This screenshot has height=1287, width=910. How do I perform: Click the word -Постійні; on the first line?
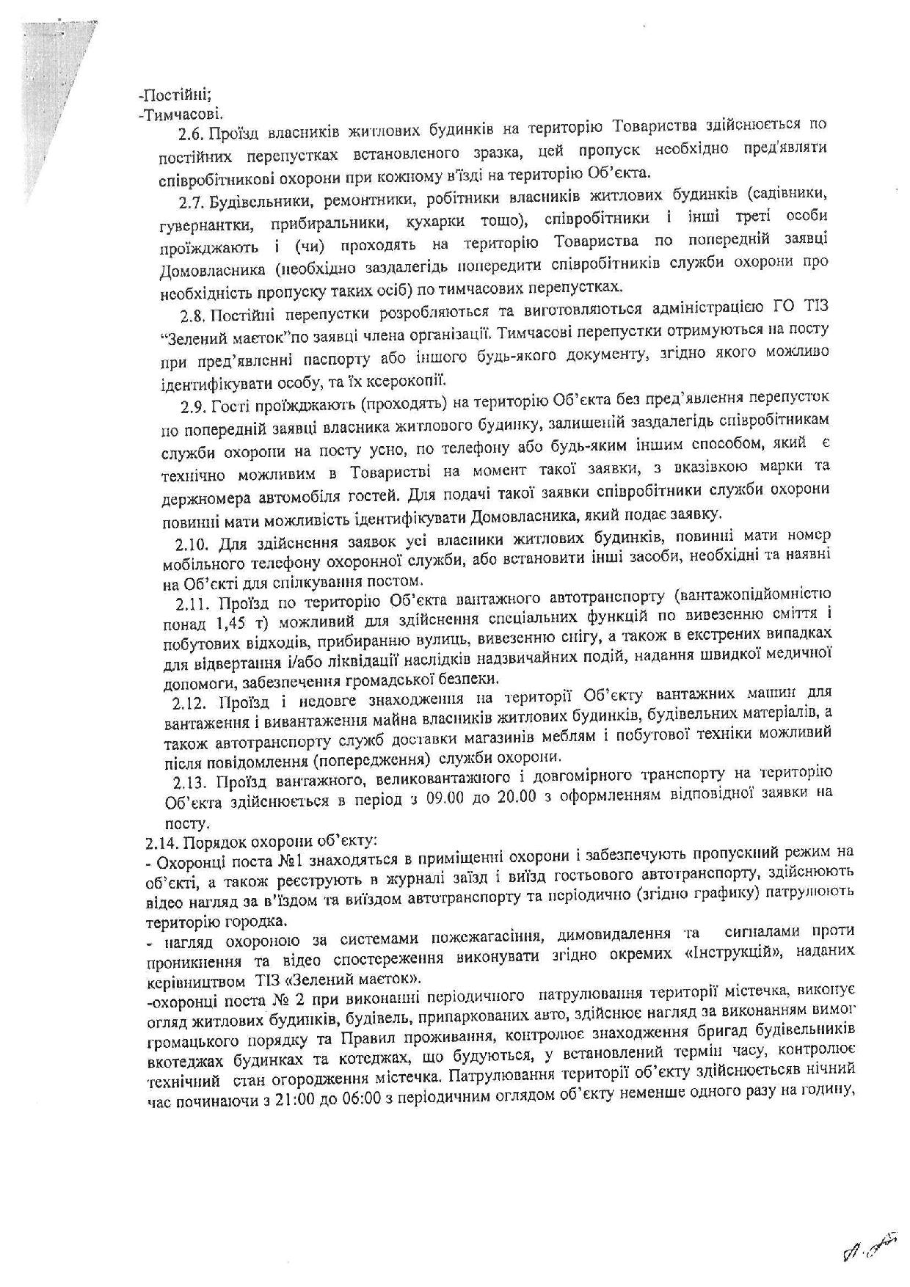click(x=164, y=96)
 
